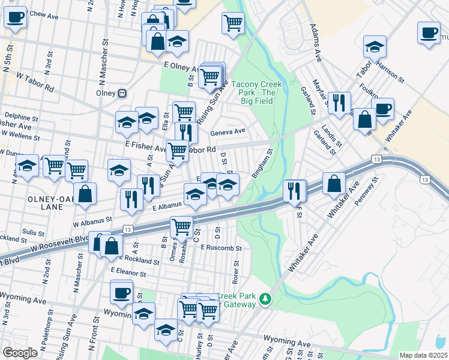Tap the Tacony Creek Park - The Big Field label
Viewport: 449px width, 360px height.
point(253,88)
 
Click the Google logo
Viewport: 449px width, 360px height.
point(20,353)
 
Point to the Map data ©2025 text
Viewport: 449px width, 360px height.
point(423,355)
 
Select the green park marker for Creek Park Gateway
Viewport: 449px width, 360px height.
point(264,298)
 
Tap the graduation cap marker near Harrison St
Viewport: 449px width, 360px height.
point(375,46)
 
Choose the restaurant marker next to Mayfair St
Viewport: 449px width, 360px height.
point(339,103)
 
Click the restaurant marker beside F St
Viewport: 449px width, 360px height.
point(294,190)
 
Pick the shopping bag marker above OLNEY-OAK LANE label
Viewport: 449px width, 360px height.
point(86,193)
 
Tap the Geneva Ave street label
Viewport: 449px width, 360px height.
point(232,131)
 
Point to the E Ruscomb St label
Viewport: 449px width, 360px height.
point(221,247)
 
